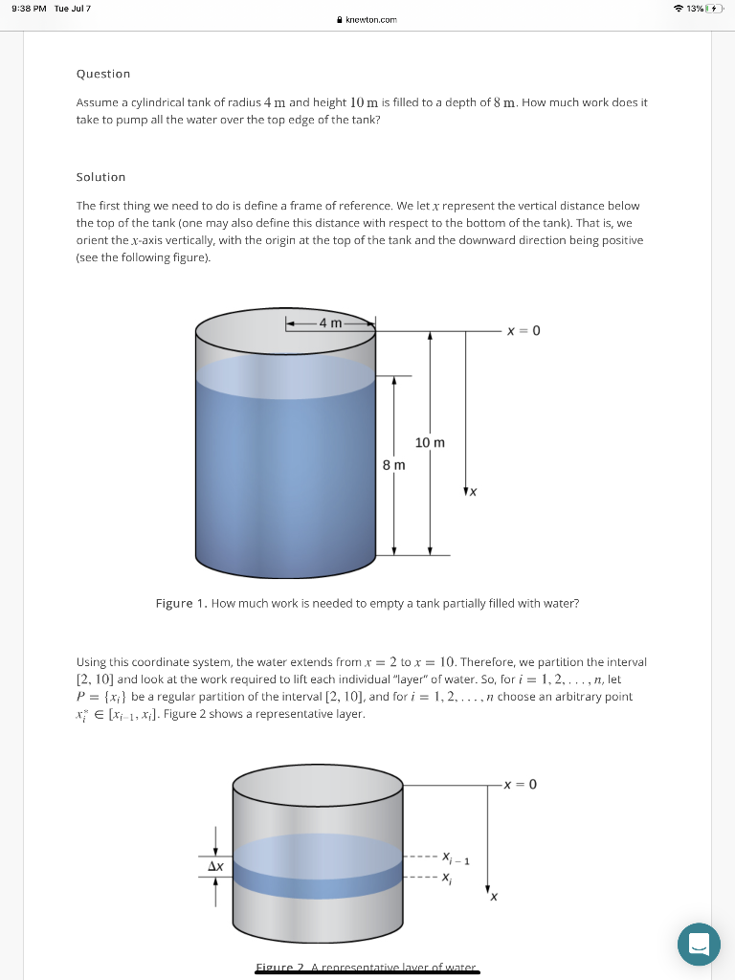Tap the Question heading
103,74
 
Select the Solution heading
100,177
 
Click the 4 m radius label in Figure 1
329,323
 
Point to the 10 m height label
430,442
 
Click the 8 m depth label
393,465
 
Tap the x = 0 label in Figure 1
523,331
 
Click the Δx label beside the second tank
216,866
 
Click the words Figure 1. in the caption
181,604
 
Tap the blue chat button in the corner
699,944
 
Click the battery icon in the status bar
715,8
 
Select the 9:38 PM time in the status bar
28,8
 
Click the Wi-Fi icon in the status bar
678,8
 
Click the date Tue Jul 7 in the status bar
73,8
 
